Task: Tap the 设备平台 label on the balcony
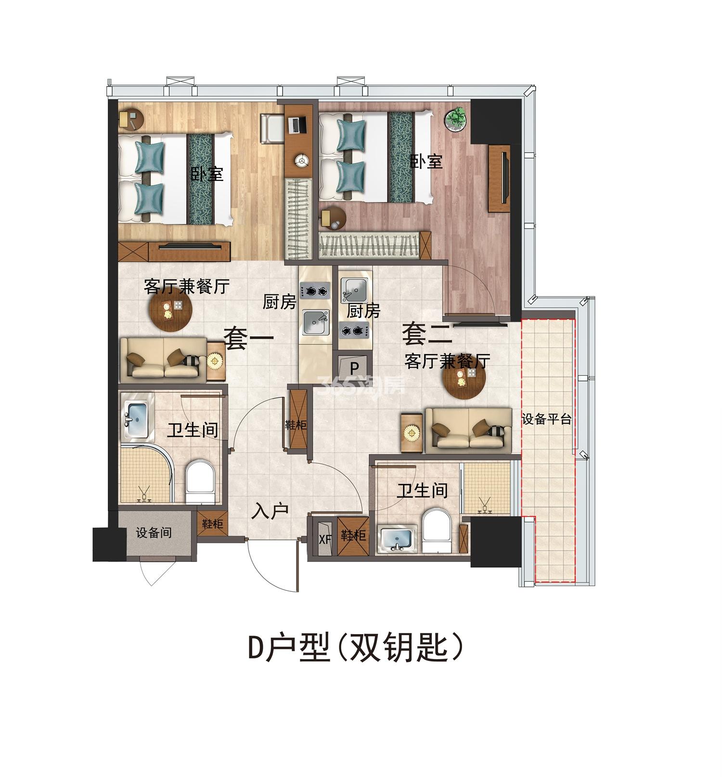tap(547, 419)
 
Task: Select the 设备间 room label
tap(154, 533)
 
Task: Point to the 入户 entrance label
tap(270, 511)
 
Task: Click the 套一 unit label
tap(249, 337)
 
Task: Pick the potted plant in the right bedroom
tap(456, 118)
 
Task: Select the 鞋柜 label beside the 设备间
tap(212, 524)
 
